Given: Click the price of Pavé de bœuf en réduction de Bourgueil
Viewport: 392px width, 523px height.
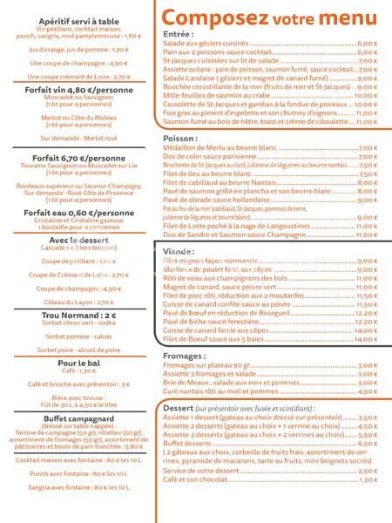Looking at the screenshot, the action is click(367, 313).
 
